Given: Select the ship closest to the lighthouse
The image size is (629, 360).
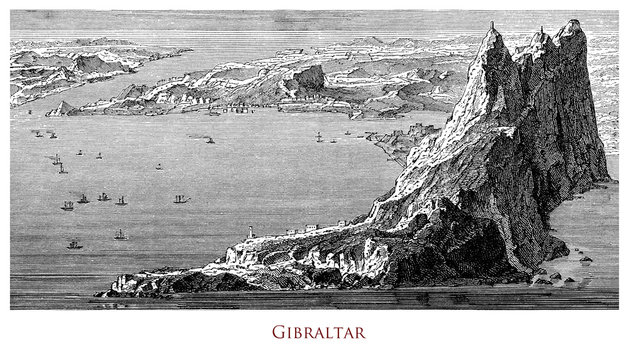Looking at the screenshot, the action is pos(120,235).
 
